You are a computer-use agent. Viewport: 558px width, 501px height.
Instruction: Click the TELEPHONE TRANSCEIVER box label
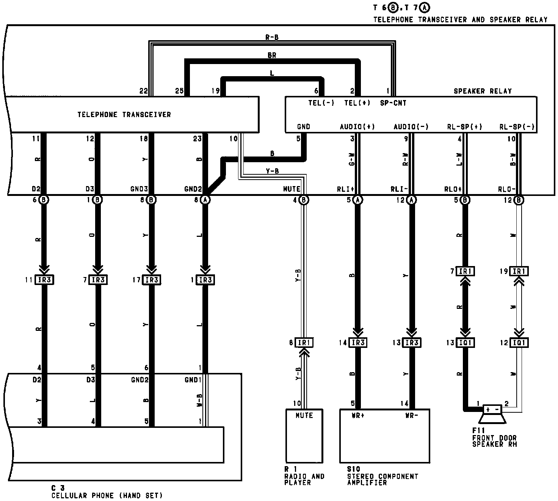click(x=124, y=114)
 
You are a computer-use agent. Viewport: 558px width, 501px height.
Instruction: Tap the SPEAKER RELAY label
click(x=483, y=91)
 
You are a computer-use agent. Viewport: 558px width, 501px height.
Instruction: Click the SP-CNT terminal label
click(x=393, y=103)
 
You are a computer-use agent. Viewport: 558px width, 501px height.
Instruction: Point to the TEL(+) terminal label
click(x=357, y=103)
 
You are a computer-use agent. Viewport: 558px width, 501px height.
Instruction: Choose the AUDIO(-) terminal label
click(x=411, y=127)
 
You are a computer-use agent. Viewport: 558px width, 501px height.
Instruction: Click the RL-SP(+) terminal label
click(x=464, y=127)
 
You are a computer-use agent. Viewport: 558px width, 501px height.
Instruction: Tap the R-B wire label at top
click(x=272, y=38)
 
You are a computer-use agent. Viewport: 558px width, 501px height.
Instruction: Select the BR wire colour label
click(x=272, y=55)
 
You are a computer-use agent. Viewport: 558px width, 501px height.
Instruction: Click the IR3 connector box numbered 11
click(x=44, y=280)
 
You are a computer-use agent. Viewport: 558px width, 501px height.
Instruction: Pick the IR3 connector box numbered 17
click(x=152, y=280)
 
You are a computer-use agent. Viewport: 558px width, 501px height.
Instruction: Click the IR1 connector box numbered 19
click(x=519, y=271)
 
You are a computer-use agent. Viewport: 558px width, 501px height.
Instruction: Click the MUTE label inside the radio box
click(x=304, y=415)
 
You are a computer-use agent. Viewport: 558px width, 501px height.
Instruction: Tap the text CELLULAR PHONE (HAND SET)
click(x=107, y=495)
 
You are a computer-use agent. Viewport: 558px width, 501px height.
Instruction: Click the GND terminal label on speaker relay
click(x=304, y=127)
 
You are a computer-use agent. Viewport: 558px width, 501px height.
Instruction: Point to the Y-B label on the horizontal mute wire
click(x=272, y=171)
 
